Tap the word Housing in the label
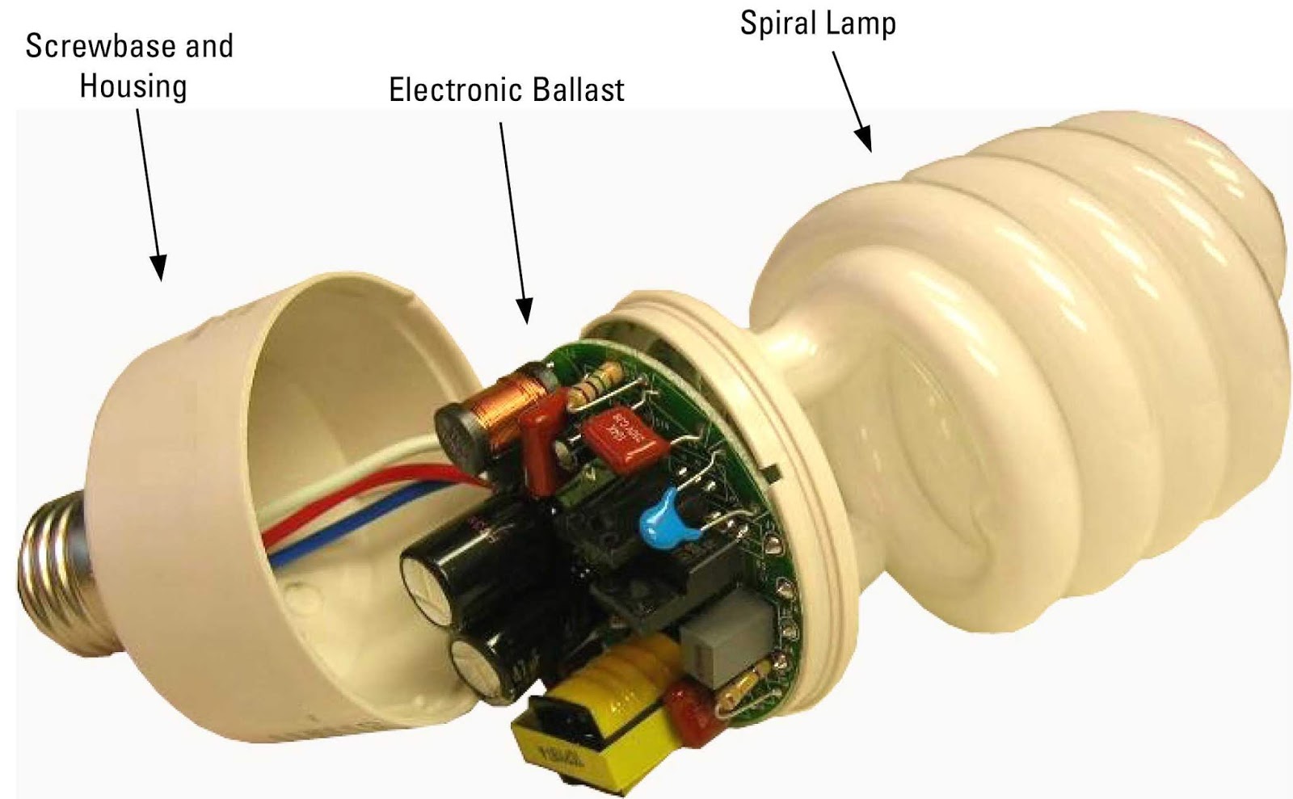(133, 86)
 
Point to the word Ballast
(581, 90)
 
